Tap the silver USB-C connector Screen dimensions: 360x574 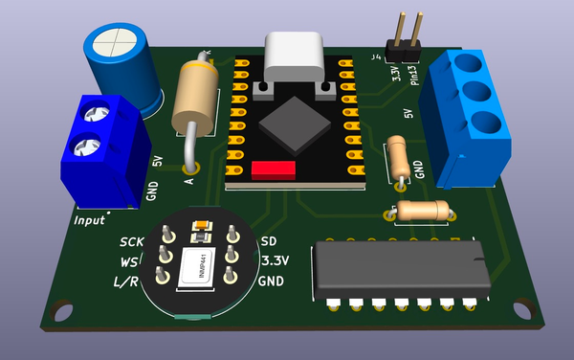click(295, 57)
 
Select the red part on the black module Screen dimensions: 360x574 click(274, 170)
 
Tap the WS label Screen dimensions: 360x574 click(128, 261)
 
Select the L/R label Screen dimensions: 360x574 click(126, 281)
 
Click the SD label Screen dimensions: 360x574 click(269, 240)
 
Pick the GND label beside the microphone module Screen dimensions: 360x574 click(272, 281)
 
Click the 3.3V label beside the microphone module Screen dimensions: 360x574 click(276, 260)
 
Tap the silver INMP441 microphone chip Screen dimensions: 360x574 click(201, 265)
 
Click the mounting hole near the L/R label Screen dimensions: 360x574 click(64, 310)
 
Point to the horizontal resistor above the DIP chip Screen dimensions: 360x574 click(422, 210)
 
